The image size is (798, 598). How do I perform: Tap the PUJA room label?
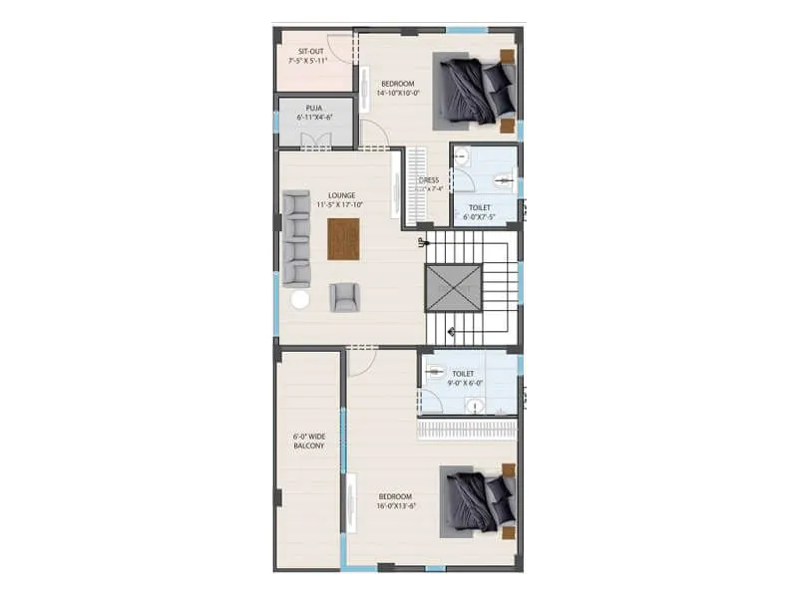pyautogui.click(x=314, y=107)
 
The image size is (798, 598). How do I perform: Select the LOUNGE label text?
pyautogui.click(x=341, y=195)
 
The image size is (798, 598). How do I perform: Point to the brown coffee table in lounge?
pyautogui.click(x=342, y=238)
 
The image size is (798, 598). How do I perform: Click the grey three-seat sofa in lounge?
pyautogui.click(x=296, y=239)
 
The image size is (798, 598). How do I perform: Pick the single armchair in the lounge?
pyautogui.click(x=343, y=297)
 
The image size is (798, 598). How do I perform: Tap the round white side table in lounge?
pyautogui.click(x=299, y=299)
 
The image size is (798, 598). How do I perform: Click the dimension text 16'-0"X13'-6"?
pyautogui.click(x=396, y=506)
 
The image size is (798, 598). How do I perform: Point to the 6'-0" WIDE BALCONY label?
pyautogui.click(x=308, y=441)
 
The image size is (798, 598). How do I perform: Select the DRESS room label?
pyautogui.click(x=429, y=180)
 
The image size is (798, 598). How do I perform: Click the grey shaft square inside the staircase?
pyautogui.click(x=454, y=289)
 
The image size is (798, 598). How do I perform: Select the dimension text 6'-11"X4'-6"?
pyautogui.click(x=314, y=117)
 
